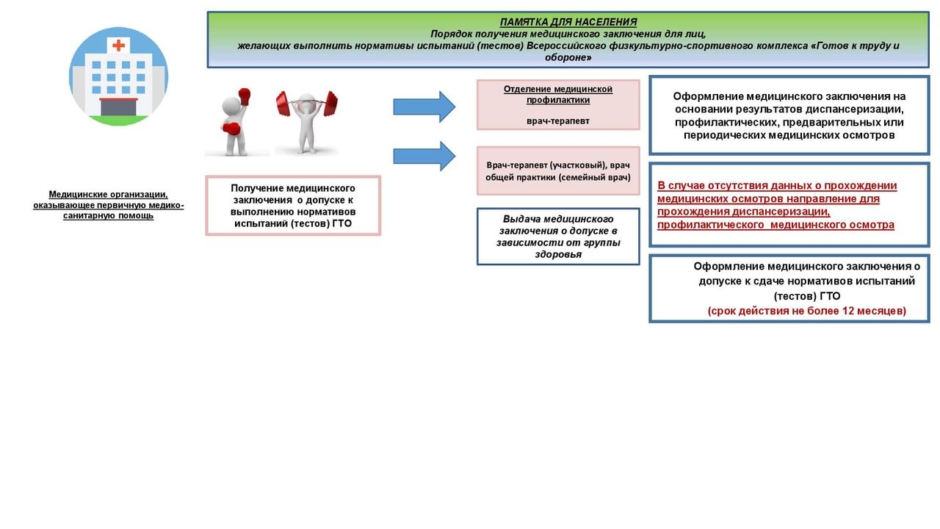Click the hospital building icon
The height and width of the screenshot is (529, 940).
(118, 76)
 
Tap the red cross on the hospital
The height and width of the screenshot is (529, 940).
(118, 46)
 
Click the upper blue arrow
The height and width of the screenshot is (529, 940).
(424, 107)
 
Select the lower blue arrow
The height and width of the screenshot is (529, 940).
(424, 156)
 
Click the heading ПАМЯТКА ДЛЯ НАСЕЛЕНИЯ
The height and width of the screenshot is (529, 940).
(568, 22)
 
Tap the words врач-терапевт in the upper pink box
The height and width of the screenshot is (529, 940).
(558, 120)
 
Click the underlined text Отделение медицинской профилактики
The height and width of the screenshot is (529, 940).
(558, 94)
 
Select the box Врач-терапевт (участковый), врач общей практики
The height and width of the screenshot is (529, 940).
(558, 171)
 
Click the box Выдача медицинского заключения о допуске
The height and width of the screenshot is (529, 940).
(558, 237)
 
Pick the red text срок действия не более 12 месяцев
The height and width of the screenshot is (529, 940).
(807, 311)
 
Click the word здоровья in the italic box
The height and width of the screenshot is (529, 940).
(558, 254)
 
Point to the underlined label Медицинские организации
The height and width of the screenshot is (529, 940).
(109, 194)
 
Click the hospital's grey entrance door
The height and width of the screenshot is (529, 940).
(118, 107)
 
